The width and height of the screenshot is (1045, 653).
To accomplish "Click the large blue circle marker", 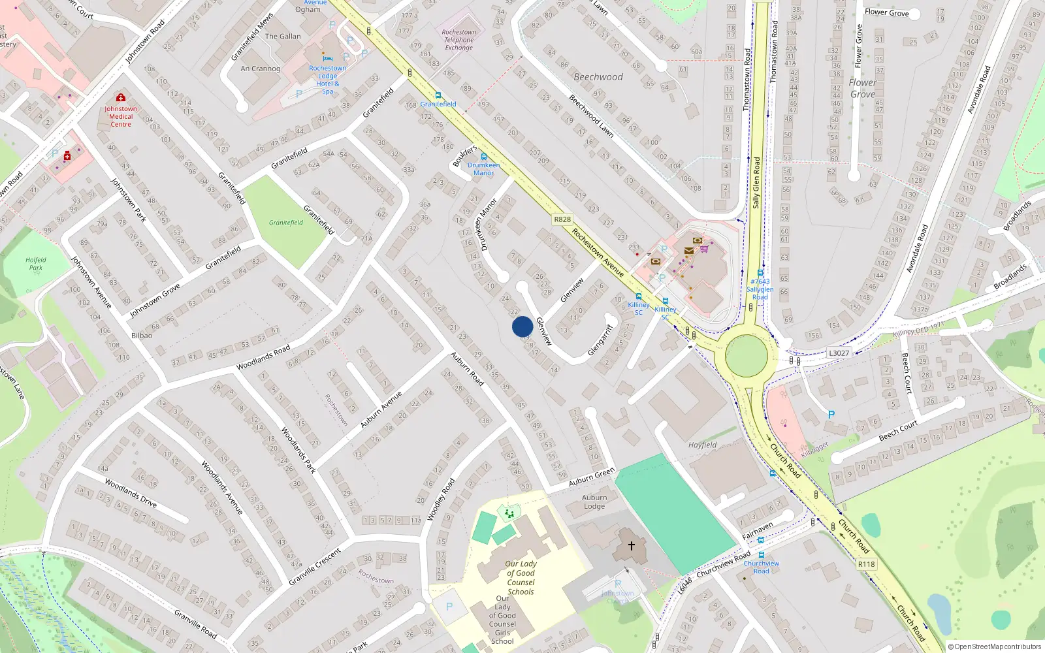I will [522, 326].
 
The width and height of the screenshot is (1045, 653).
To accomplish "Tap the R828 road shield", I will [562, 219].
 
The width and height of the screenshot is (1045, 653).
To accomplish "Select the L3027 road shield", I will [839, 353].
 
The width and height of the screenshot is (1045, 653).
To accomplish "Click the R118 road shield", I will [866, 564].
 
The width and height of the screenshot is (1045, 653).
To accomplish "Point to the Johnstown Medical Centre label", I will [121, 116].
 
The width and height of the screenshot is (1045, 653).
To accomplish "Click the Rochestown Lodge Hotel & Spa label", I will [328, 80].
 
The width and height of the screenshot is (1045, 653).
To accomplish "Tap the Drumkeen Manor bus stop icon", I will [483, 157].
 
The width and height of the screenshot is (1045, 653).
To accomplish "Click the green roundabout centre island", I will [747, 356].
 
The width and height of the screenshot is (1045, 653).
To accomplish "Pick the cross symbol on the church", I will [631, 545].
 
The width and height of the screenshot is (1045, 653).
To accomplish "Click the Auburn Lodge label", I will [594, 502].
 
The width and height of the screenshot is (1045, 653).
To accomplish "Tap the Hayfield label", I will [702, 445].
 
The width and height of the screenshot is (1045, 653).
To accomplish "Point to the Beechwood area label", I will [598, 77].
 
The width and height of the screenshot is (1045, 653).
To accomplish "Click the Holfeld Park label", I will [36, 264].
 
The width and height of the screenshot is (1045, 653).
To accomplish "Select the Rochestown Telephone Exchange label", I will [459, 40].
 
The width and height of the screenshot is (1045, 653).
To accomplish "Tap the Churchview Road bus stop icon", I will [762, 555].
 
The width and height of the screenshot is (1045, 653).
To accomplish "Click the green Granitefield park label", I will [286, 223].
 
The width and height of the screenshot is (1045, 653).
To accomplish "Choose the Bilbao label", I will [142, 336].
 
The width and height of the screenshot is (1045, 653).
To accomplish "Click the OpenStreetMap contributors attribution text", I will [994, 647].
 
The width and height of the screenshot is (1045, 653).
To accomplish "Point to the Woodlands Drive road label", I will [131, 493].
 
